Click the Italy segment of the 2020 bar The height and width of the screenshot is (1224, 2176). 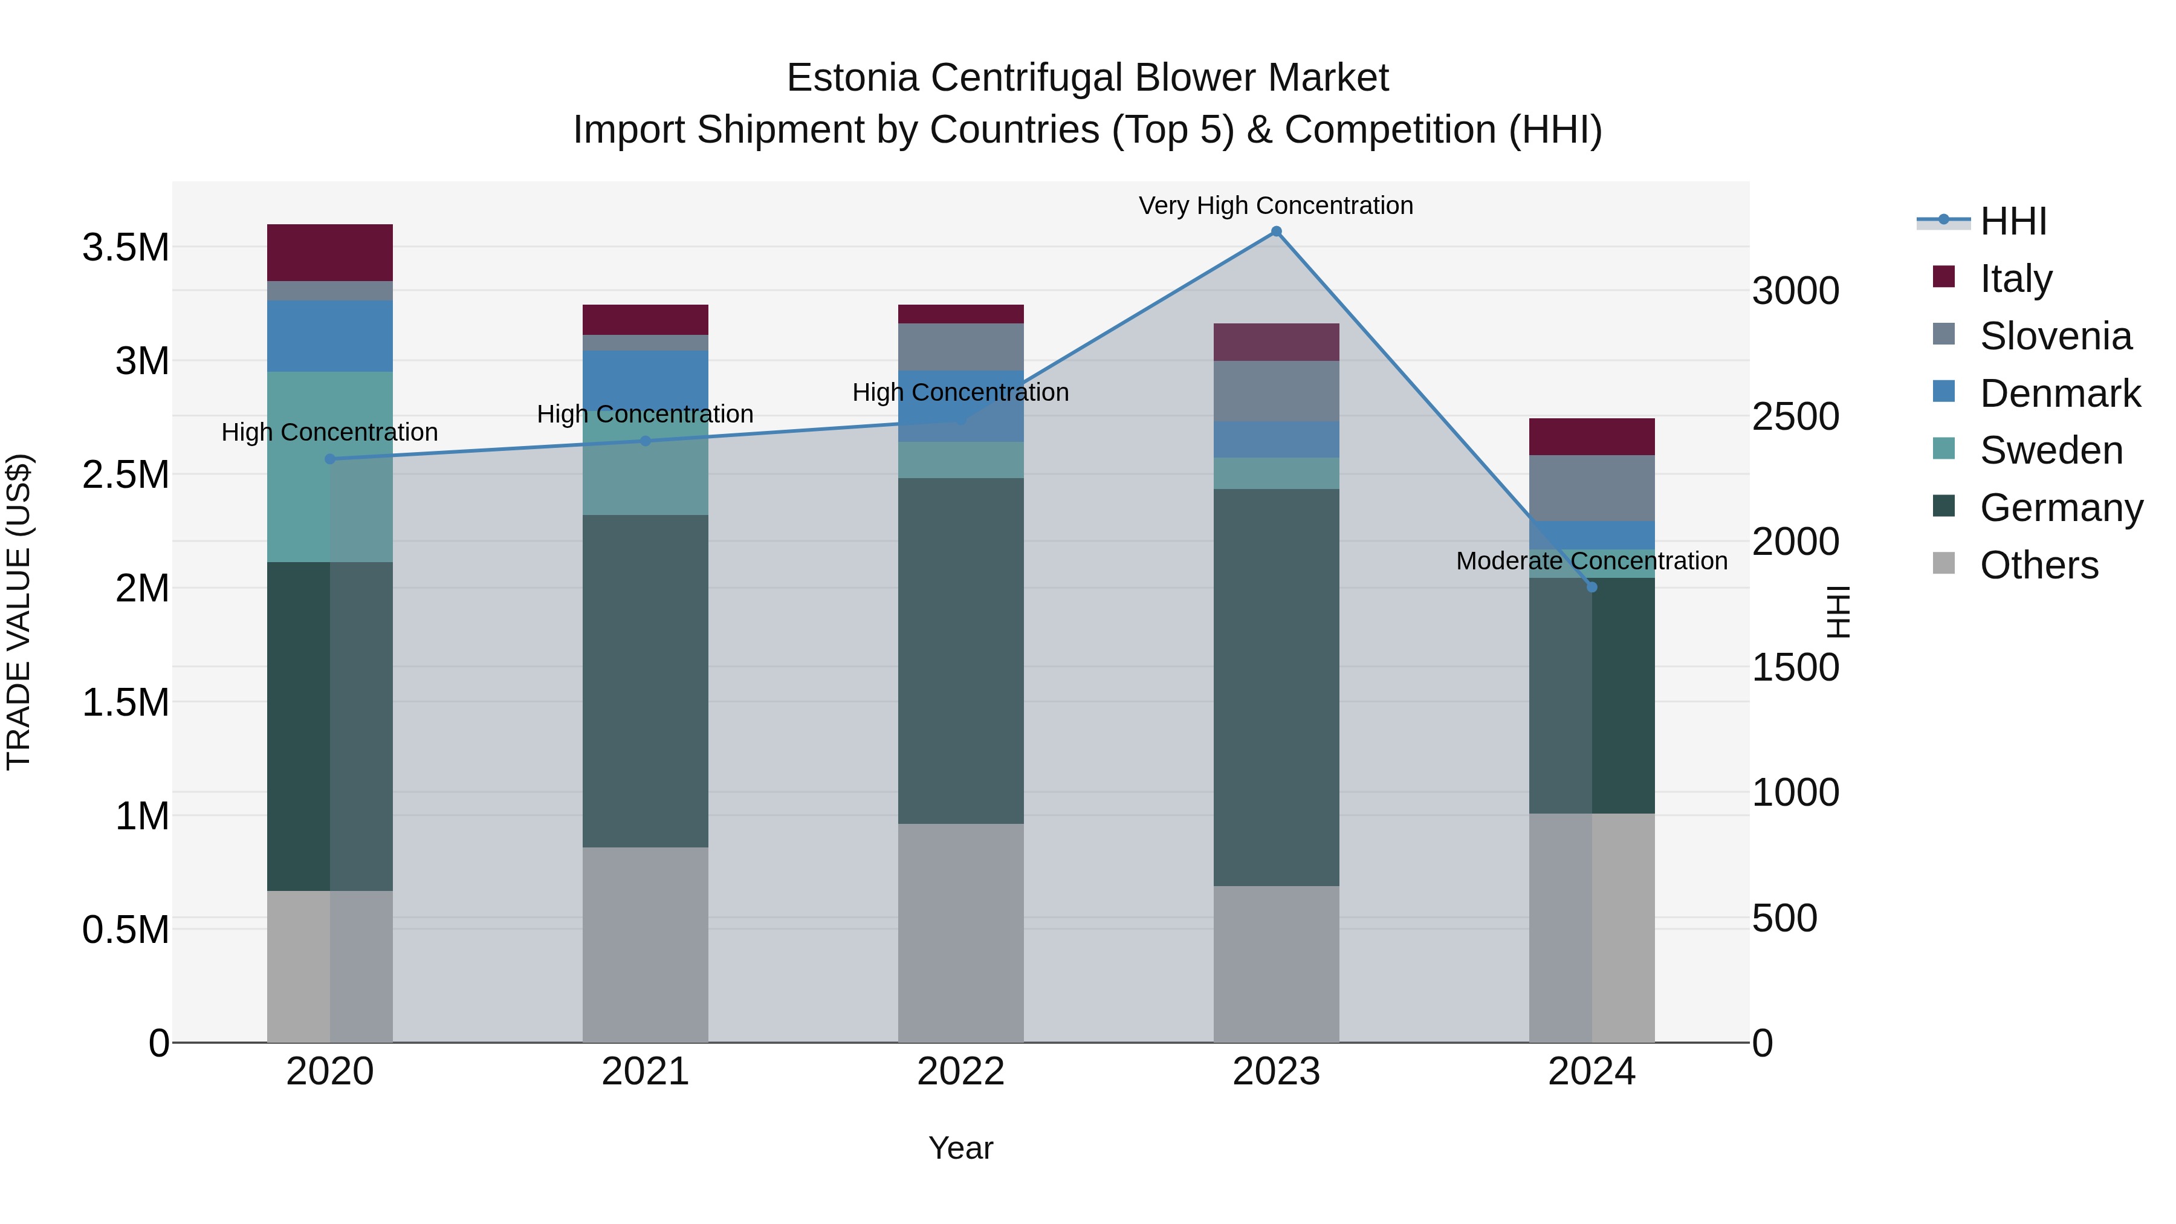pos(329,253)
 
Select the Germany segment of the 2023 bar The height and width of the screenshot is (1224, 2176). pos(1275,687)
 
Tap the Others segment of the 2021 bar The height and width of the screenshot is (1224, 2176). pos(646,944)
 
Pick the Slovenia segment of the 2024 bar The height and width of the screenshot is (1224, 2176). pos(1592,488)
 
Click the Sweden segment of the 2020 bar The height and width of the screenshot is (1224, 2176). pos(329,466)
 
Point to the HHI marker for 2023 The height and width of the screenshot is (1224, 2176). pos(1275,232)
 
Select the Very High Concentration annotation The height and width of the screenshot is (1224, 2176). pos(1275,206)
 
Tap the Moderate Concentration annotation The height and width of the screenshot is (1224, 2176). pos(1592,561)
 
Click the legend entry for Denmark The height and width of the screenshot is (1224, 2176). pos(2059,393)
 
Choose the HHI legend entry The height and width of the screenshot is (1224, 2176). pos(2013,221)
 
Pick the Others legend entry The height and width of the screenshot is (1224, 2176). pos(2038,565)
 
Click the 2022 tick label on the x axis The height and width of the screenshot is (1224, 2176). pos(960,1072)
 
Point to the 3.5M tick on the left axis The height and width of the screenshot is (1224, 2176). pos(125,247)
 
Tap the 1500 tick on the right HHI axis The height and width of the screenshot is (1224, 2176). pos(1795,667)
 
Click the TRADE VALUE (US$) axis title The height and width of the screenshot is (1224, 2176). pos(19,612)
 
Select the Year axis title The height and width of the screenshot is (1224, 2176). pos(960,1148)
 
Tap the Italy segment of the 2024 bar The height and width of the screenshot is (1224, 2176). pos(1592,437)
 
